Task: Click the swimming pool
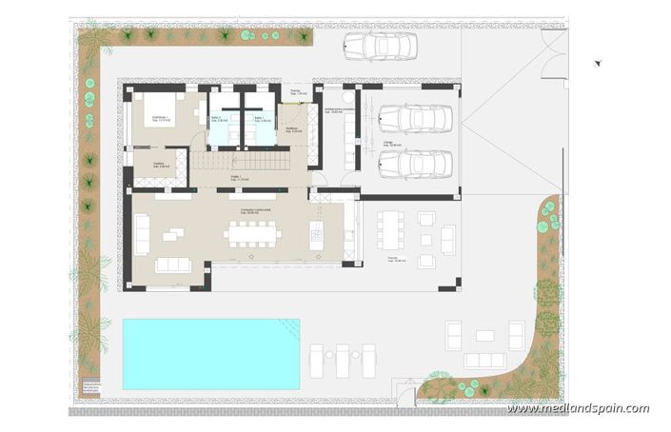(x=210, y=353)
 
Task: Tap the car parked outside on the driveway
(x=378, y=45)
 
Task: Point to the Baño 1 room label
(x=258, y=119)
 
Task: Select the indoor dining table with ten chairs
(x=253, y=233)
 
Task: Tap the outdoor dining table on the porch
(x=391, y=229)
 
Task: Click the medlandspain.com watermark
(x=578, y=408)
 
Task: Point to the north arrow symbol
(x=598, y=63)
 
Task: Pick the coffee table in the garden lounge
(x=484, y=335)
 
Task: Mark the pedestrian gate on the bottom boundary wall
(x=406, y=392)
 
